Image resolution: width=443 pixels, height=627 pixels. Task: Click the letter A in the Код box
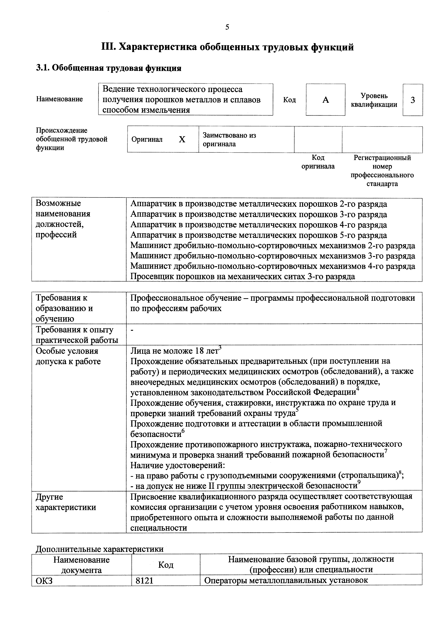325,100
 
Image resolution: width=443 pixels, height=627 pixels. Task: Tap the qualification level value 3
413,100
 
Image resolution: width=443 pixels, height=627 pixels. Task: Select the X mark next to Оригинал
182,140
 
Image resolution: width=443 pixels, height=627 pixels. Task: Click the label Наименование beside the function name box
59,99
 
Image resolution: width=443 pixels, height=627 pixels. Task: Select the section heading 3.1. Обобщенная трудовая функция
109,68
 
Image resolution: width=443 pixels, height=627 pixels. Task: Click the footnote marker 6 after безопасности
183,431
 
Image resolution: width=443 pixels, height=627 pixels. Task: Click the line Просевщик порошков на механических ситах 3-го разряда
243,276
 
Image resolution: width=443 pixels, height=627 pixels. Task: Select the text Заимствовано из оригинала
229,140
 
